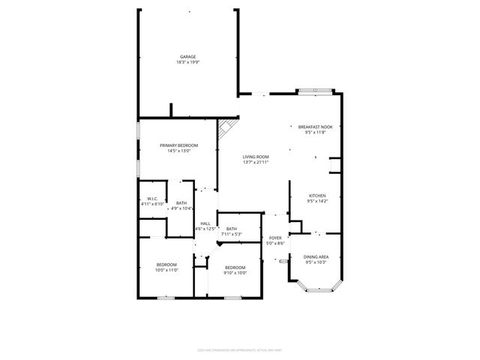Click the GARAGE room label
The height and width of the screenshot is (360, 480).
pyautogui.click(x=188, y=57)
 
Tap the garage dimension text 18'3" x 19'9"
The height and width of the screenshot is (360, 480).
pyautogui.click(x=188, y=62)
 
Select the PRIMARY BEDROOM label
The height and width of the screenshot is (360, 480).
pyautogui.click(x=178, y=145)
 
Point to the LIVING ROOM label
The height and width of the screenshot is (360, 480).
pyautogui.click(x=255, y=156)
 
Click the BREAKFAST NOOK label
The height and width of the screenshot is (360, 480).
pyautogui.click(x=315, y=127)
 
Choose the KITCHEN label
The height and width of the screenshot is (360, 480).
pyautogui.click(x=317, y=196)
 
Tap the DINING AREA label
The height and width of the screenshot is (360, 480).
pyautogui.click(x=316, y=256)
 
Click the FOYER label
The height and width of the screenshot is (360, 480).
pyautogui.click(x=275, y=238)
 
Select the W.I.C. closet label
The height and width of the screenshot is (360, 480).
pyautogui.click(x=152, y=199)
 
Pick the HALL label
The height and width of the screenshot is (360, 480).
pyautogui.click(x=205, y=223)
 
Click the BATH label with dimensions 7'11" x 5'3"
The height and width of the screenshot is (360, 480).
pyautogui.click(x=232, y=229)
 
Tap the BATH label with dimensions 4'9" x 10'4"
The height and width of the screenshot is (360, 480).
pyautogui.click(x=181, y=202)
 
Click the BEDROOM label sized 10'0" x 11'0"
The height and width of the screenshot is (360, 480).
pyautogui.click(x=166, y=264)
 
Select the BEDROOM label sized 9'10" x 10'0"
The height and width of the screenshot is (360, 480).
pyautogui.click(x=235, y=268)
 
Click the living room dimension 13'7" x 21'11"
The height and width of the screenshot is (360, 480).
pyautogui.click(x=255, y=161)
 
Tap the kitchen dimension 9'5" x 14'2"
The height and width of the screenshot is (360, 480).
pyautogui.click(x=317, y=201)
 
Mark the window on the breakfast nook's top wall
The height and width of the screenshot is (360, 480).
pyautogui.click(x=314, y=92)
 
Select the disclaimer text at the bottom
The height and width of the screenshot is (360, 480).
pyautogui.click(x=240, y=348)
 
